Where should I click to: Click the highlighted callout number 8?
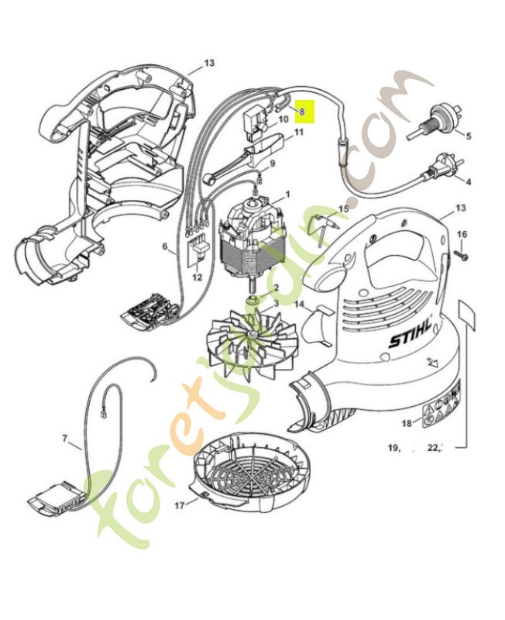pos(303,112)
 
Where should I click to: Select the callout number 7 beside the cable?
pos(65,439)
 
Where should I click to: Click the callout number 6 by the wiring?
pos(165,247)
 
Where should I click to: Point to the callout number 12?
pos(197,277)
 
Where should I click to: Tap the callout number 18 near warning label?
pos(406,424)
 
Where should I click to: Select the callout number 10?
pos(283,119)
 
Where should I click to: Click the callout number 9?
pos(271,164)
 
